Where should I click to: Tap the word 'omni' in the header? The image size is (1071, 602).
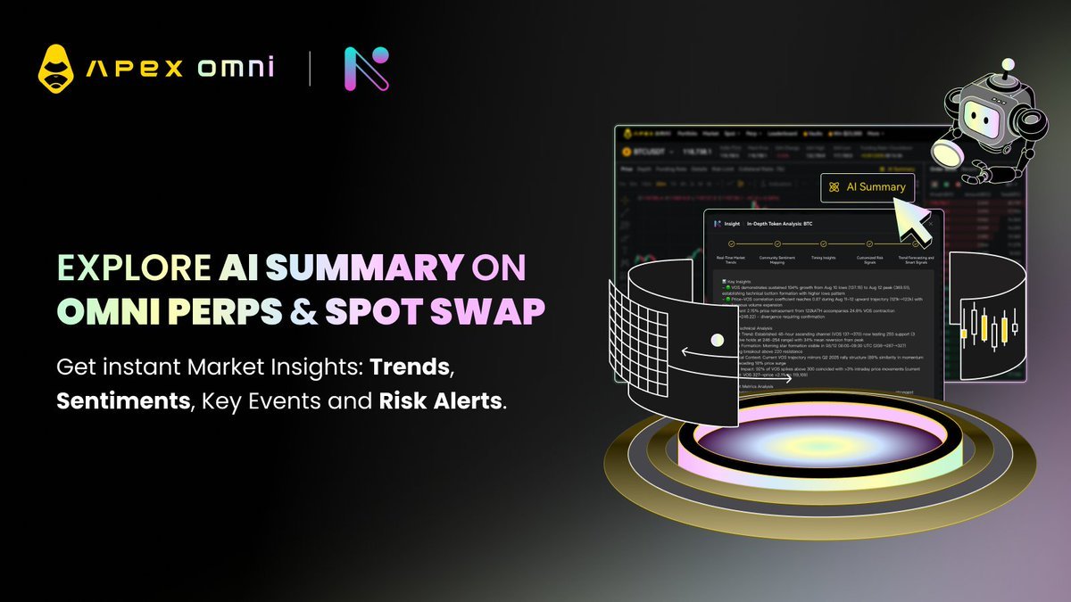tap(236, 68)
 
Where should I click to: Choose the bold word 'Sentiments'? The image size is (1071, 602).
tap(123, 400)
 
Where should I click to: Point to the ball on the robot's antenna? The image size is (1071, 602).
tap(1008, 66)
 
